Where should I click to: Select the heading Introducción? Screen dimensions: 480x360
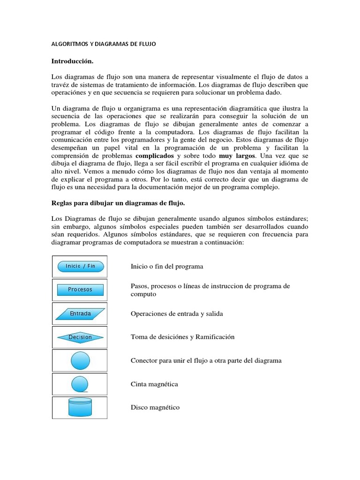pos(72,61)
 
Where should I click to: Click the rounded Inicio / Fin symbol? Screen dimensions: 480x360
pos(80,266)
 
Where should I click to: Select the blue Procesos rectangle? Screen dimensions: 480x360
pos(80,290)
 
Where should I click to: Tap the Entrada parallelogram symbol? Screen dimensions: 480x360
pos(80,314)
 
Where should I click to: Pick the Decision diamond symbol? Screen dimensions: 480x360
pos(80,337)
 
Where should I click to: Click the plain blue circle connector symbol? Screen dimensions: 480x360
pos(80,360)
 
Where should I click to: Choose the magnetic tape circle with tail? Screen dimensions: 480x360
pos(80,384)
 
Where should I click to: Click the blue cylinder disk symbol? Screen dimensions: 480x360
pos(80,407)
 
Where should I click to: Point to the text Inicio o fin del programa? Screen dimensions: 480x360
pos(167,266)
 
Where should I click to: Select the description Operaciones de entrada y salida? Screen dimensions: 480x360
pos(177,314)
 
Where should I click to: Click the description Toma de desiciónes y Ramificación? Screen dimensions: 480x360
pos(182,337)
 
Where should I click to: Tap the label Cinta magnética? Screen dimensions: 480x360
pos(154,384)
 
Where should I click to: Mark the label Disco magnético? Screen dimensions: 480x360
pos(155,408)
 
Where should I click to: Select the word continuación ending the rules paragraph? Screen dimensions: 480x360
pos(220,242)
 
